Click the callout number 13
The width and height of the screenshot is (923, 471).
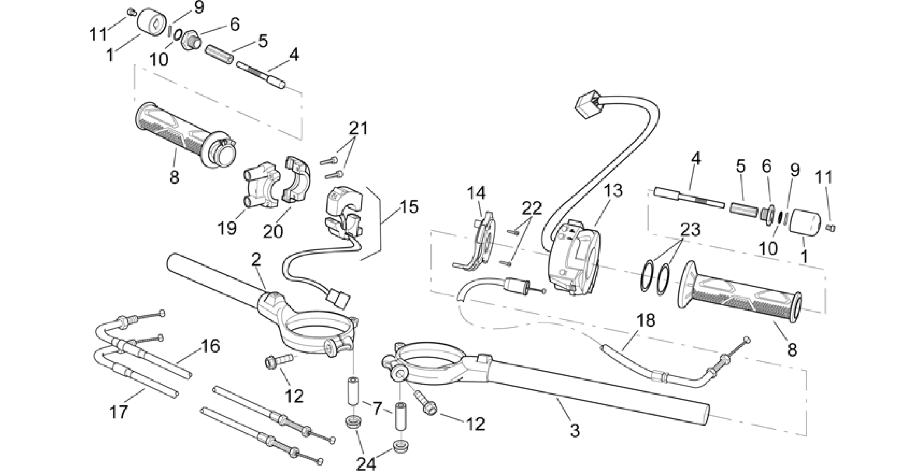point(614,191)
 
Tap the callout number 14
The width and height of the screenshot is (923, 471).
point(476,193)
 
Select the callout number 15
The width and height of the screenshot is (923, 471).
point(409,207)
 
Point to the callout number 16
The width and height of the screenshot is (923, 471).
point(210,346)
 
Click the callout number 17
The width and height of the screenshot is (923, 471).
point(120,412)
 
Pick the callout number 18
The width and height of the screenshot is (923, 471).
point(646,321)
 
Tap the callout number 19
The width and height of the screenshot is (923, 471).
point(227,228)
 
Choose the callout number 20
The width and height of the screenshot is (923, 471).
point(273,231)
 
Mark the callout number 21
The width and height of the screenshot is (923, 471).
point(358,129)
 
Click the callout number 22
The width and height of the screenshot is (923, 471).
point(531,208)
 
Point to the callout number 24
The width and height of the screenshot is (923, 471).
point(366,463)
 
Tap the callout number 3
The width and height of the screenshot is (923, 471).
point(574,430)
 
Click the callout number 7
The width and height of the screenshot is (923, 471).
point(378,409)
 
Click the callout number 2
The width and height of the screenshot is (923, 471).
point(256,259)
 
